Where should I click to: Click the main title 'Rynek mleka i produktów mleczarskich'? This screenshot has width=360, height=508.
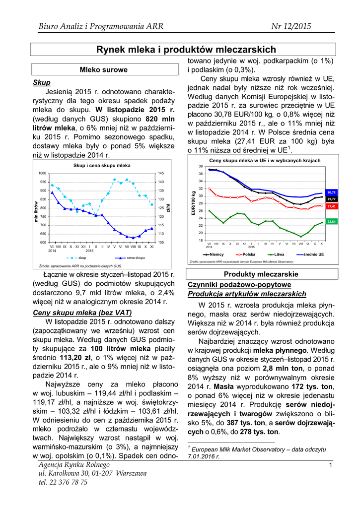point(186,50)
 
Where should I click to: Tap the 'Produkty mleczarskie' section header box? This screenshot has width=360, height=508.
point(261,274)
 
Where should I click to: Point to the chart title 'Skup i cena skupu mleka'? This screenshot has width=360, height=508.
point(102,165)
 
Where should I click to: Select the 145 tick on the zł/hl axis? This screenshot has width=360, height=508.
point(161,173)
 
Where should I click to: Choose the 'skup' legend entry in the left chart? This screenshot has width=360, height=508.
point(79,258)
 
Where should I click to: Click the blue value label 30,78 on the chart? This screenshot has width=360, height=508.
point(331,192)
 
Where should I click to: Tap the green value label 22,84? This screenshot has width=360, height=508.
point(331,221)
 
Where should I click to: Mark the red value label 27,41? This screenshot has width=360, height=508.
point(331,206)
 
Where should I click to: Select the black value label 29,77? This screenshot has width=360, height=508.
point(331,199)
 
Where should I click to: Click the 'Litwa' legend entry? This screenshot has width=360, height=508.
point(276,254)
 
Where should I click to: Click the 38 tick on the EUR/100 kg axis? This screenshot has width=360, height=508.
point(200,166)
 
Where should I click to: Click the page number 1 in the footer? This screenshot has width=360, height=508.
point(330,465)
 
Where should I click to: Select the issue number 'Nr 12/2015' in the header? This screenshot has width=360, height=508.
point(291,26)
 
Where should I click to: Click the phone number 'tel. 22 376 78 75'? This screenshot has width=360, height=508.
point(63,482)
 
